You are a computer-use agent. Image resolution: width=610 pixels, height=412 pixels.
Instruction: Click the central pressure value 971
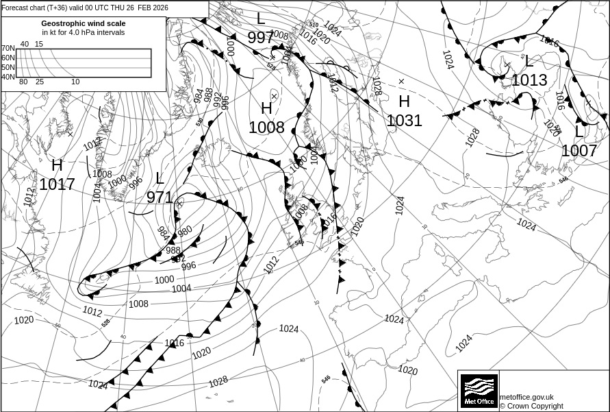tap(160, 197)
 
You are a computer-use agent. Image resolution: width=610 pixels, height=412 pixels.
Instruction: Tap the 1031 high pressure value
tap(404, 121)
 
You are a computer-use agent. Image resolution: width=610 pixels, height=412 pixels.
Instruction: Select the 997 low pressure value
tap(260, 38)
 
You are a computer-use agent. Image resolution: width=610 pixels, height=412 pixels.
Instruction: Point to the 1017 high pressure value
tap(57, 184)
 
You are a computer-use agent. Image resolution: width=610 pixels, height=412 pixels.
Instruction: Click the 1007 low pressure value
tap(579, 150)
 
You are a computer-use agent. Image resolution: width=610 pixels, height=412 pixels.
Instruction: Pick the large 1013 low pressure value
tap(529, 80)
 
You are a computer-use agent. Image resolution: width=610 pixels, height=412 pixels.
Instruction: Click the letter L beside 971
tap(160, 179)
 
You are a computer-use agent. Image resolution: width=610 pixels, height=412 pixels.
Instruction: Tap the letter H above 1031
tap(404, 101)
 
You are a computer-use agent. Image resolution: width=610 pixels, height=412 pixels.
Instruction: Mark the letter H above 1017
tap(57, 165)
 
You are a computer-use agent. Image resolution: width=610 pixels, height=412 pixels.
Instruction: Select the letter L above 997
tap(260, 19)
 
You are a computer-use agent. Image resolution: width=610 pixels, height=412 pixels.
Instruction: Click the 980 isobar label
tap(185, 231)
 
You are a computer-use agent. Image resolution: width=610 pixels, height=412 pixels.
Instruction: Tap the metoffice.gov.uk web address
tap(526, 397)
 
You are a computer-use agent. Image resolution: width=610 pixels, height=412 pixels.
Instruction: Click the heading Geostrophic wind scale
tap(84, 23)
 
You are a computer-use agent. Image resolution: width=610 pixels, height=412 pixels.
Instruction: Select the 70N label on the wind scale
tap(8, 48)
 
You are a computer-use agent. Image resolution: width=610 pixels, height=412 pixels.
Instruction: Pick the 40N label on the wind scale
tap(8, 77)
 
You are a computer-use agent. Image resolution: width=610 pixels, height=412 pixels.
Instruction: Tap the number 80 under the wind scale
tap(23, 82)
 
